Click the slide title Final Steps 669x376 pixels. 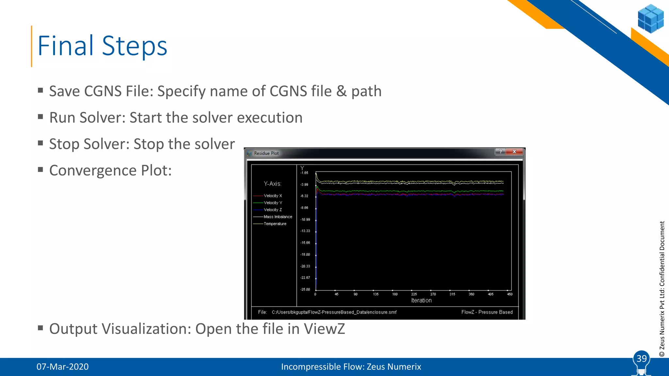102,46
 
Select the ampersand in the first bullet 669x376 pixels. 341,91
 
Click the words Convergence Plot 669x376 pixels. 110,171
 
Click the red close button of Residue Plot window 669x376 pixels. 514,152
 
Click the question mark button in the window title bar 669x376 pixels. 500,152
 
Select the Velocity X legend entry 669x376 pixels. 272,196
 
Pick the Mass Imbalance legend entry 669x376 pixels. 278,217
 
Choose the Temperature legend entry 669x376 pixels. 275,224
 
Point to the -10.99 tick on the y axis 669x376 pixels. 305,220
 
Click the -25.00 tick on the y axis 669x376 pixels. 305,290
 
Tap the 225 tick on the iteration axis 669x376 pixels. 414,294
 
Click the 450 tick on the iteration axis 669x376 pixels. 510,294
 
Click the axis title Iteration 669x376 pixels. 421,301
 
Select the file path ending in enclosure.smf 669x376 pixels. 334,312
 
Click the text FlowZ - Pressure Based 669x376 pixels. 487,312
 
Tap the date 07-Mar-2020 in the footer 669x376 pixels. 62,367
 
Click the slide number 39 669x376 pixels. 642,359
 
